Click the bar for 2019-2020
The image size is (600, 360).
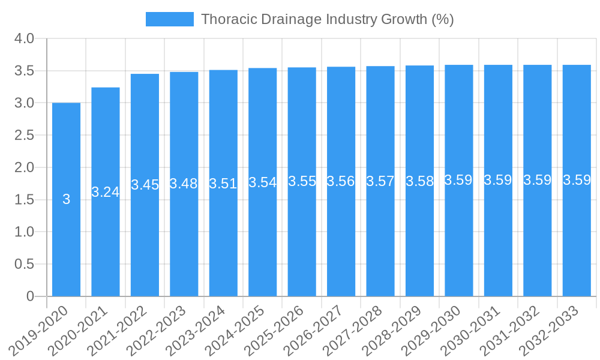(x=66, y=240)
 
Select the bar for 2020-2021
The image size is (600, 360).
(x=106, y=240)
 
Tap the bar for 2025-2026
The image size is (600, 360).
(x=302, y=240)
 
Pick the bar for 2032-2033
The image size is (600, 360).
(x=577, y=240)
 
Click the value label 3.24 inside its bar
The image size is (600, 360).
(x=106, y=192)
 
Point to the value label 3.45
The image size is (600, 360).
(x=145, y=185)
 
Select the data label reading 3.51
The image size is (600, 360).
(x=223, y=184)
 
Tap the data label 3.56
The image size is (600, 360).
(x=341, y=181)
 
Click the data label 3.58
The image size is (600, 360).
(x=419, y=181)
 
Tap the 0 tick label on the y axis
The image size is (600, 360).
(x=31, y=296)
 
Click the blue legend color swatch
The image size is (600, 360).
(x=170, y=19)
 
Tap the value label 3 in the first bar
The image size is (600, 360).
(x=66, y=199)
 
